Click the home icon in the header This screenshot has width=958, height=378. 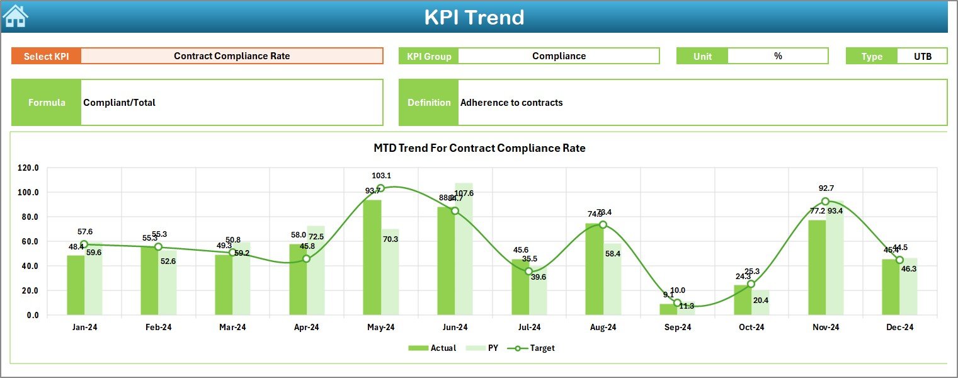[15, 16]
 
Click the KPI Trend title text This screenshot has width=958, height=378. [474, 17]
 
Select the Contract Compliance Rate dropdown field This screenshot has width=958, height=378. [232, 56]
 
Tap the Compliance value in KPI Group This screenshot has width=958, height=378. [559, 56]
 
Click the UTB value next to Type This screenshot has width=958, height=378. [922, 56]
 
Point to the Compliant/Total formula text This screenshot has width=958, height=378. [120, 103]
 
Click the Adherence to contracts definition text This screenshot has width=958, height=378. [511, 103]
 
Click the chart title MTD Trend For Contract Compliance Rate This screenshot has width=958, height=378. [479, 149]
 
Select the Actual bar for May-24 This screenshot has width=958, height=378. [372, 258]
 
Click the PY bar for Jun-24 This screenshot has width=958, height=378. [464, 252]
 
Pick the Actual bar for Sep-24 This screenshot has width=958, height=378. [668, 309]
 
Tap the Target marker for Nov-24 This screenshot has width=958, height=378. [825, 202]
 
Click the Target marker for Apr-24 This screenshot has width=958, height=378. [306, 259]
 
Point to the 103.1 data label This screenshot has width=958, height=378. [381, 176]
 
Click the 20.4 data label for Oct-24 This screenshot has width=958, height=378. [761, 301]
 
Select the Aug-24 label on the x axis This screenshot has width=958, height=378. [603, 328]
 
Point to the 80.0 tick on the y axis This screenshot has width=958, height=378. [28, 217]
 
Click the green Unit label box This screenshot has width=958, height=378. [702, 56]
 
